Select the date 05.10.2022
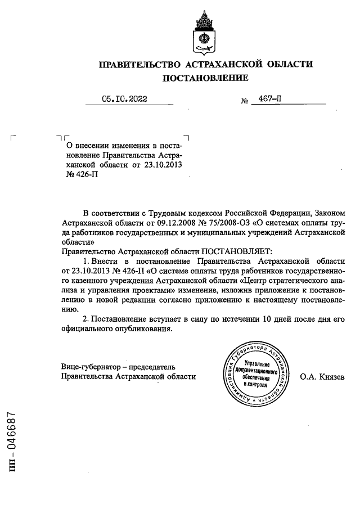coord(124,99)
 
